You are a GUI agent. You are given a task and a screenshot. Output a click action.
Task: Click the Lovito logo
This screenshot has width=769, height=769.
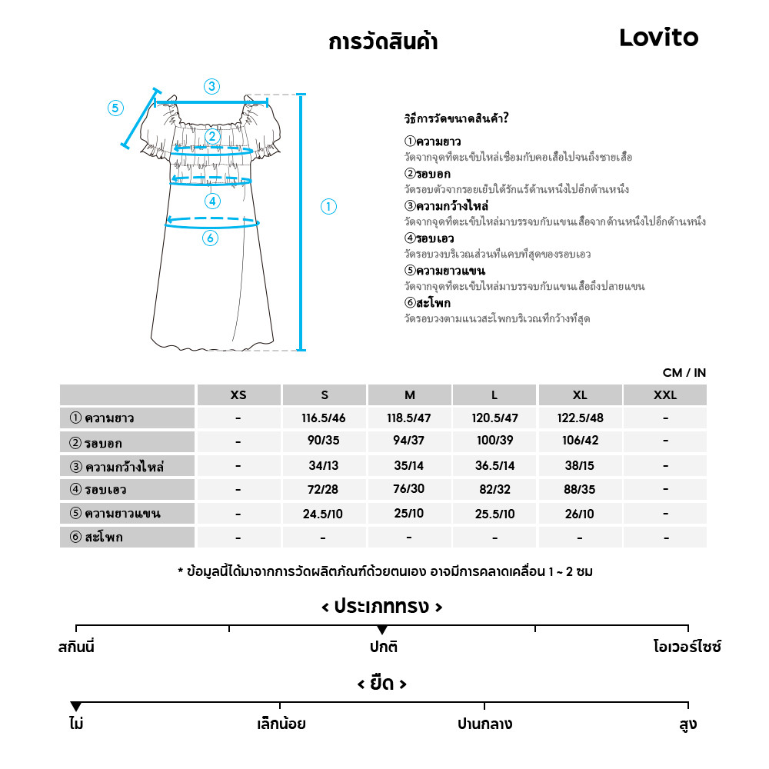click(x=658, y=38)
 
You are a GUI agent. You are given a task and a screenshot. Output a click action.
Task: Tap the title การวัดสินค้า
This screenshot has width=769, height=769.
click(x=383, y=42)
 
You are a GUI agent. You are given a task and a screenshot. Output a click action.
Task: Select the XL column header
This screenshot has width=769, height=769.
click(x=580, y=395)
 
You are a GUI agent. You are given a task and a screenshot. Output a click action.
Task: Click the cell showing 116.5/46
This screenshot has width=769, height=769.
click(x=325, y=418)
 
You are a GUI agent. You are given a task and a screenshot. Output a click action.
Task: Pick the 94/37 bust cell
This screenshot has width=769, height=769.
click(x=409, y=442)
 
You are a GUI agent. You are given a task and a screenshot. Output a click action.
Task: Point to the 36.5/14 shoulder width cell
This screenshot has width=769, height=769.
click(x=494, y=466)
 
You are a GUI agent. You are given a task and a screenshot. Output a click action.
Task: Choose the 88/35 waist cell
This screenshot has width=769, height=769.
click(x=580, y=490)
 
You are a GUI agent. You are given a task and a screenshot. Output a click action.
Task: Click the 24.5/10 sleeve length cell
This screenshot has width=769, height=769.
click(x=325, y=514)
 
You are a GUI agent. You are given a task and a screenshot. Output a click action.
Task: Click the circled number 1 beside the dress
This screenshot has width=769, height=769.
click(x=328, y=206)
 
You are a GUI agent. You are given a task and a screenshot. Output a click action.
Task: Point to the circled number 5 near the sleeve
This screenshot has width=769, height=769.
click(x=115, y=108)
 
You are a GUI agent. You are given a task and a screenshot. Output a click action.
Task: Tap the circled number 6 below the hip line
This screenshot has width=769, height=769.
click(x=210, y=238)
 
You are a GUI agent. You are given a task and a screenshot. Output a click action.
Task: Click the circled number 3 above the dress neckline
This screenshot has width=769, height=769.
click(x=211, y=86)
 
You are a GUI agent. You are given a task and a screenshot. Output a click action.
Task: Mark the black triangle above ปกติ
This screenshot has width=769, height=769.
click(x=382, y=631)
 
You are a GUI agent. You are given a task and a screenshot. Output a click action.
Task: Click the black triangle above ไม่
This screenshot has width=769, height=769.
click(x=75, y=707)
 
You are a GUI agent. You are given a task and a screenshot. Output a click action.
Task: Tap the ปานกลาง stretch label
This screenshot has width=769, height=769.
click(x=484, y=724)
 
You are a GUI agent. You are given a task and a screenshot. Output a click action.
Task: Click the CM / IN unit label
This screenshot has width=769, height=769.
click(x=684, y=373)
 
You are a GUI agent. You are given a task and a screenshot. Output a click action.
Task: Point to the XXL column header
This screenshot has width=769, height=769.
click(x=665, y=395)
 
